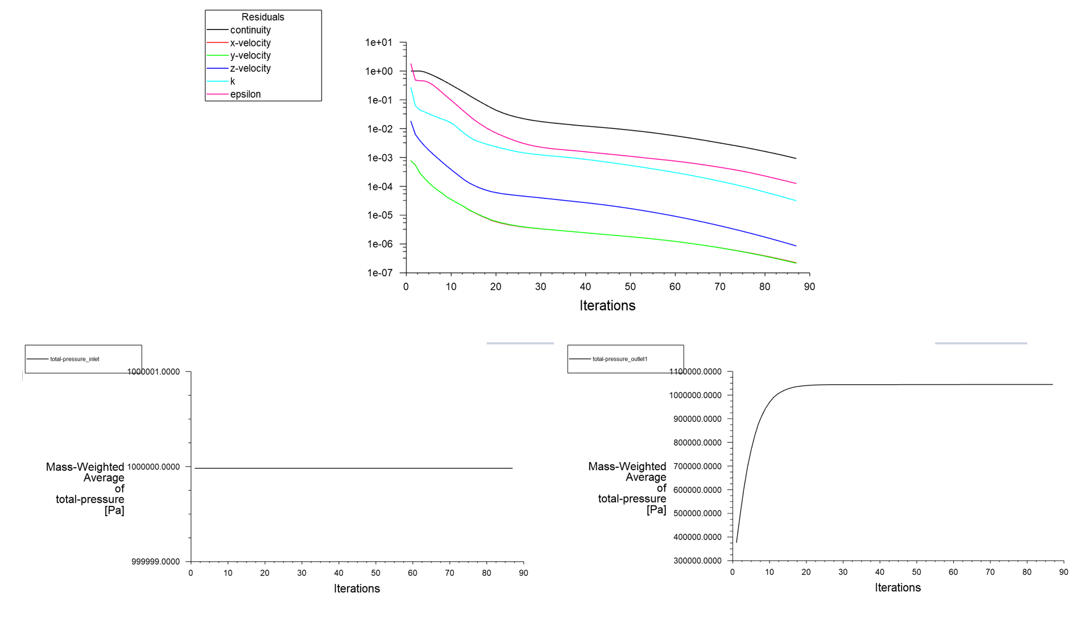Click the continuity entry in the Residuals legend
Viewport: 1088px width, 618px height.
coord(250,30)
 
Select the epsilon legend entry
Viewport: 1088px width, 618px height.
coord(245,94)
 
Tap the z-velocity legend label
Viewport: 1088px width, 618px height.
coord(250,69)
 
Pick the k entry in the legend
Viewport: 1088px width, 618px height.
coord(233,81)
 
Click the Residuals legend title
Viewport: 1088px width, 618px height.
coord(263,17)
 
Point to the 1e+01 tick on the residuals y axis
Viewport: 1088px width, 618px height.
coord(379,43)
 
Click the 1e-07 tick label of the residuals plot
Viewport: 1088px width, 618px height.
coord(379,273)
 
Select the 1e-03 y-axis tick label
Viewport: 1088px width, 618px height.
coord(379,158)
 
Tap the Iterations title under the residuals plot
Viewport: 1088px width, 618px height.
coord(607,306)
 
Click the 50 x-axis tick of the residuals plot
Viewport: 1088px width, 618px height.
coord(630,287)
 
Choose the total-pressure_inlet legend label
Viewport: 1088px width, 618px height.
coord(75,359)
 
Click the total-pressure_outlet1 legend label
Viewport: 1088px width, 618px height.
coord(620,359)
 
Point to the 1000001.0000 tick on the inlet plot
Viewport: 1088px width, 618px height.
coord(154,372)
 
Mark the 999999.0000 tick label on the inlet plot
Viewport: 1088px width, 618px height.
coord(155,562)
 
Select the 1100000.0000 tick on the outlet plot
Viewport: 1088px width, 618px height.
coord(695,372)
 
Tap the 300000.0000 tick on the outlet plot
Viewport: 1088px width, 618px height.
coord(697,561)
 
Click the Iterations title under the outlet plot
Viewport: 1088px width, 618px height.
coord(897,588)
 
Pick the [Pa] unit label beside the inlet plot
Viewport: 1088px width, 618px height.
coord(114,511)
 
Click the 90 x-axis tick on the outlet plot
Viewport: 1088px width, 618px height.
coord(1064,572)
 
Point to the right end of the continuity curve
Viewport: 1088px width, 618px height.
coord(796,159)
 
